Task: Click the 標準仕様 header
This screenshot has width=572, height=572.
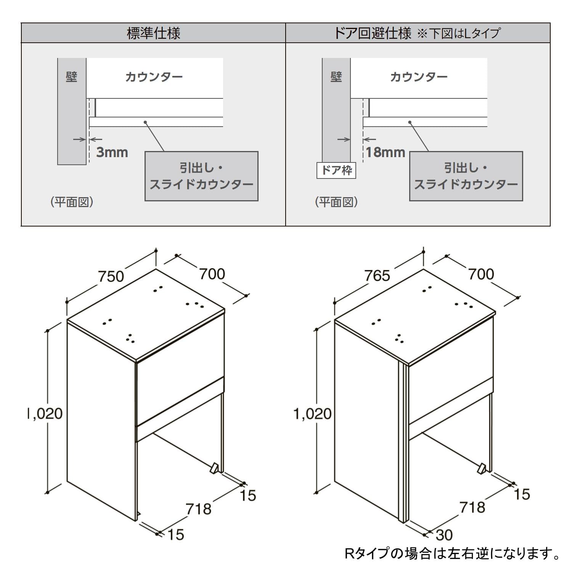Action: click(153, 33)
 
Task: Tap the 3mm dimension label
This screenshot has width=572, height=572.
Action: click(112, 152)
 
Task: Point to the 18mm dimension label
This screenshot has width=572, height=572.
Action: click(385, 152)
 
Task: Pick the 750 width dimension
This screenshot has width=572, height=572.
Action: click(111, 276)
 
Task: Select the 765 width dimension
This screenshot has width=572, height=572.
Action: click(377, 275)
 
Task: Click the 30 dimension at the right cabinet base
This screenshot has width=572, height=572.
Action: click(444, 535)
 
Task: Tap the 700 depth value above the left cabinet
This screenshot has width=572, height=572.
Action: click(212, 273)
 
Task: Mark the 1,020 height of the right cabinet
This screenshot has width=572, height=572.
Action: click(312, 413)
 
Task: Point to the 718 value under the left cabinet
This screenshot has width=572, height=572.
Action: click(198, 508)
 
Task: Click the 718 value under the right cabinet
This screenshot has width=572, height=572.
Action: click(472, 507)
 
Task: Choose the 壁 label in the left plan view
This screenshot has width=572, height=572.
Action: click(71, 77)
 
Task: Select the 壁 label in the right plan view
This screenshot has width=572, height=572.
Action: click(336, 77)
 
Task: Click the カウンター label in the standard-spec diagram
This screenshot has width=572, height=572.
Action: click(154, 77)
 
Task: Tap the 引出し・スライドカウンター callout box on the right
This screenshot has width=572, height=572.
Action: click(466, 176)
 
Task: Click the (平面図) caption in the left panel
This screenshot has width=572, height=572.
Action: click(72, 202)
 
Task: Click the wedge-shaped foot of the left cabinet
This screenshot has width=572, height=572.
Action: click(214, 468)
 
